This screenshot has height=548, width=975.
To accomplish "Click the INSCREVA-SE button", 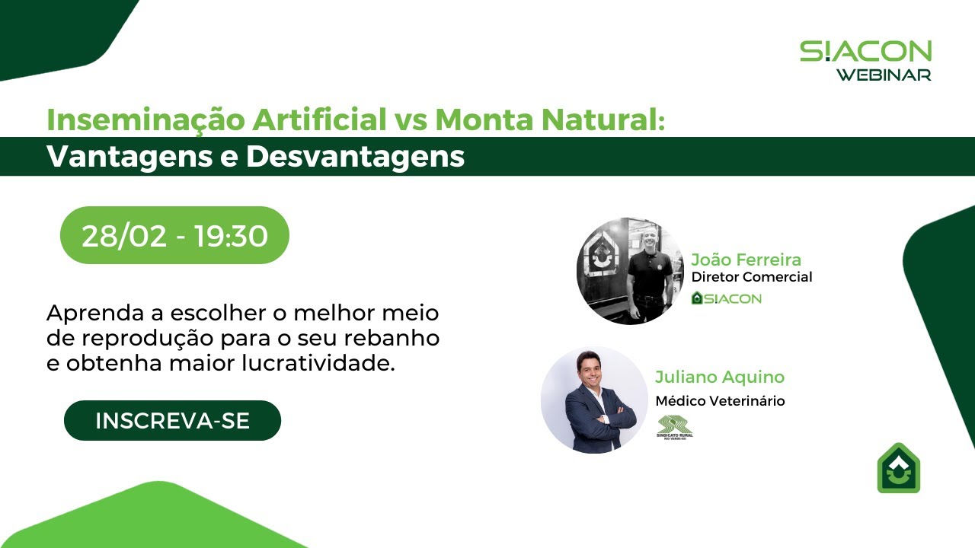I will click(x=172, y=421).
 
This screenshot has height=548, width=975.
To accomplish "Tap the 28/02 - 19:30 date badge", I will click(x=174, y=236).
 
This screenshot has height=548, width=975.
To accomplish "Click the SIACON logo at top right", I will click(x=865, y=52).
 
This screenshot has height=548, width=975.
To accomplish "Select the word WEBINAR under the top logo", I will click(x=884, y=75).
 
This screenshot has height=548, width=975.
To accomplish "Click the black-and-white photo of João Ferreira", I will click(x=630, y=272).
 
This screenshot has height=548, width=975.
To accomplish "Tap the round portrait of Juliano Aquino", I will click(x=594, y=400).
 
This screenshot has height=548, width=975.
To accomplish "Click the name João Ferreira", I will click(x=746, y=260).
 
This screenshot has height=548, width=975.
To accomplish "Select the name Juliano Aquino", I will click(x=719, y=377).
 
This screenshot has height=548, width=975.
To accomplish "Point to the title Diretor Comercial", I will click(x=751, y=277).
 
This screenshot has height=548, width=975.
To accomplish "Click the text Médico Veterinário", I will click(x=720, y=401).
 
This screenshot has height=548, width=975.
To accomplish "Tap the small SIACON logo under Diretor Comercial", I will click(x=726, y=298).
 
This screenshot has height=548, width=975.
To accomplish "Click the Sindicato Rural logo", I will click(x=675, y=428).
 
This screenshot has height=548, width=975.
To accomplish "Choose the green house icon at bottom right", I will click(x=899, y=468).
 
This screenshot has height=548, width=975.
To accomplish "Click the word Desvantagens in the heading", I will click(x=355, y=157).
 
